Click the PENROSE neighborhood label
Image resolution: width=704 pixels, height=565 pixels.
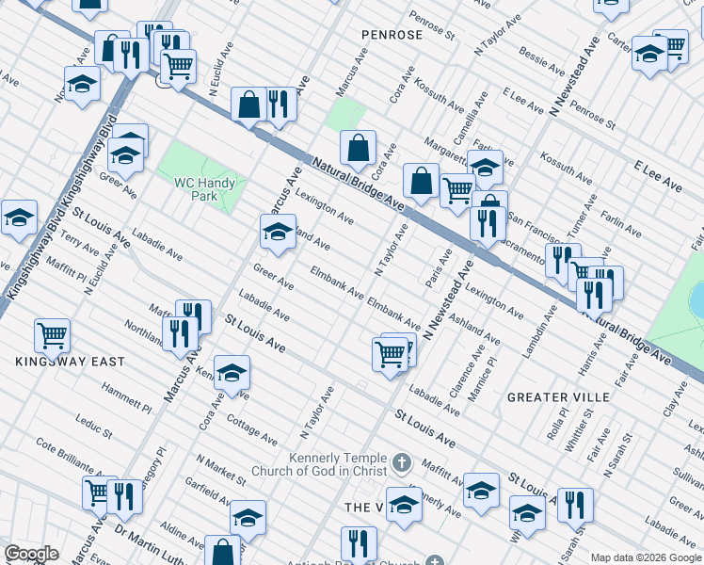coord(392,35)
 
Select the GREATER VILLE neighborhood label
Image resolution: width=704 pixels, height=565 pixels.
coord(559,397)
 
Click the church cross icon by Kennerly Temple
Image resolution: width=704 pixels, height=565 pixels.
coord(402,462)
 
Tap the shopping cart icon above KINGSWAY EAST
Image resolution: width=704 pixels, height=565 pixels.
coord(53,334)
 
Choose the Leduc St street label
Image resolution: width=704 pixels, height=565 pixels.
coord(94,428)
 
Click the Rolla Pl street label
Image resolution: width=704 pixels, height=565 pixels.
coord(563,421)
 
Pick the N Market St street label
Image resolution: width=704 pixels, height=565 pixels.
coord(221,472)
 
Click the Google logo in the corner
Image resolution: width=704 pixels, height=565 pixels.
coord(31,554)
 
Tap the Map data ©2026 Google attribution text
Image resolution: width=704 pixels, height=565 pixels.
coord(646,557)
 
